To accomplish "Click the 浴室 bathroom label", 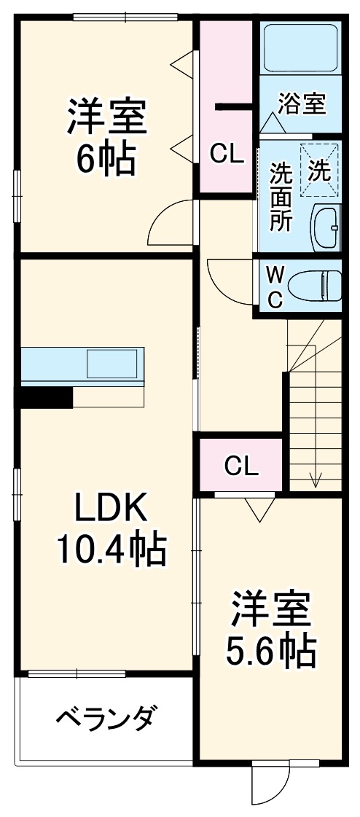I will point(302,103).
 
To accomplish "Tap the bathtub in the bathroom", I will point(300,50).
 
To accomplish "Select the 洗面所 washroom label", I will point(281,198).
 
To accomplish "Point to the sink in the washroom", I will point(326,228).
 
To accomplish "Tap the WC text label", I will point(275,286).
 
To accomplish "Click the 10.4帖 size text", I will point(112,550).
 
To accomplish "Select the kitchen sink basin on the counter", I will point(112,363).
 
